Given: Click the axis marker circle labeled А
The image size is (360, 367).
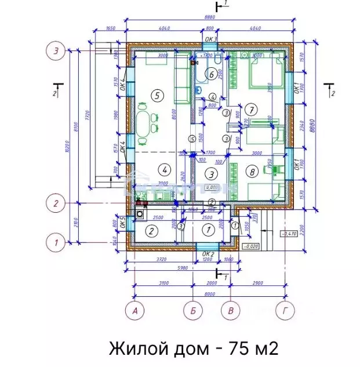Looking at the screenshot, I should point(136,311).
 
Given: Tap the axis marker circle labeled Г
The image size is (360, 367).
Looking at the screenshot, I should point(284,311).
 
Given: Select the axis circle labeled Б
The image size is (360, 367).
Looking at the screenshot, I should point(194,311).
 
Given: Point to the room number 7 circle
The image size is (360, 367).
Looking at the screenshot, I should point(250,108).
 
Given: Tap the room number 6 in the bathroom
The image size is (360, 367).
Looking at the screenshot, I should point(212,74).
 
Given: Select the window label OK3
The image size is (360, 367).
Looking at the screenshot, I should point(210,39).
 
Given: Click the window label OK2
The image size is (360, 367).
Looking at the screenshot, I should point(209,254).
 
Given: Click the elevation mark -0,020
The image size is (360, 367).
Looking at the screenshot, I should point(250,246).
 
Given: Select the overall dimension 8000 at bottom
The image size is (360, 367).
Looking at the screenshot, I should point(209,293).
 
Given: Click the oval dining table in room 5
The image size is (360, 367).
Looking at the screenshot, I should point(143,123).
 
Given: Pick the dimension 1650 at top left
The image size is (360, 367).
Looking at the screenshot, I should point(111,28).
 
